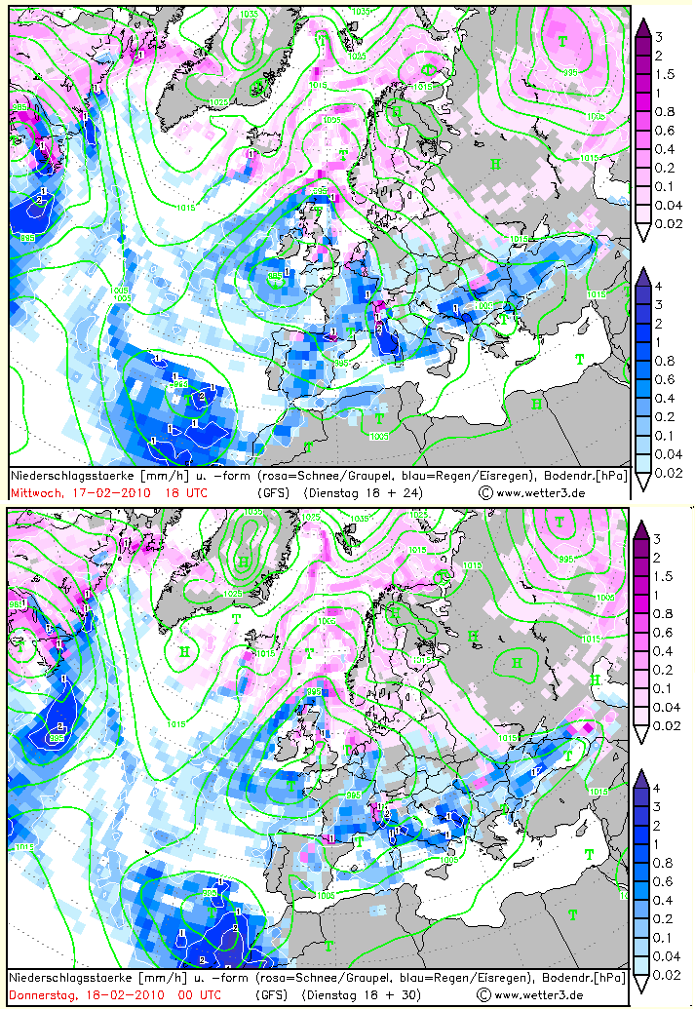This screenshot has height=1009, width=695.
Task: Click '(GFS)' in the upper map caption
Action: [x=272, y=493]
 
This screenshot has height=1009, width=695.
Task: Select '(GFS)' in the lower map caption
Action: [x=272, y=995]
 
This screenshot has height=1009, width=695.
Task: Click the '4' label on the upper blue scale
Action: [x=659, y=287]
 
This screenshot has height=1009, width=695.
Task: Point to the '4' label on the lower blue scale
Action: [x=659, y=788]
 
